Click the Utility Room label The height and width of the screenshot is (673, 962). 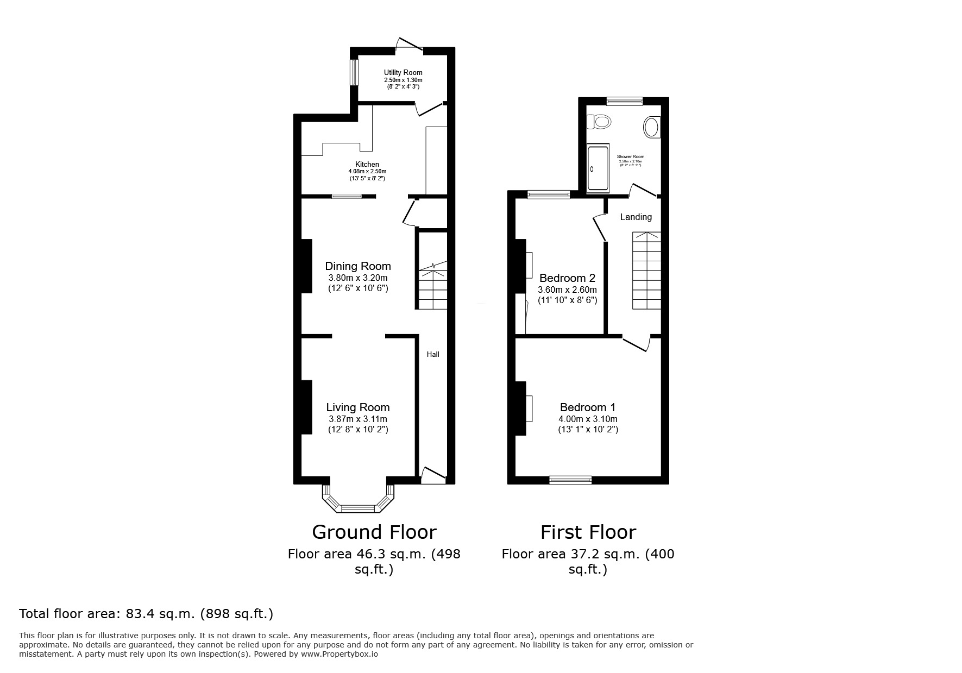[x=403, y=73]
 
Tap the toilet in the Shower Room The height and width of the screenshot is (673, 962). [x=599, y=121]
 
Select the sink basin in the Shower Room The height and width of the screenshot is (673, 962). [x=651, y=128]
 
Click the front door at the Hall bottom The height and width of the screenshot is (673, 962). [x=433, y=476]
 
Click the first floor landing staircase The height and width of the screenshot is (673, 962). [x=646, y=271]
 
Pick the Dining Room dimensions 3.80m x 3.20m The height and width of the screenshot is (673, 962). [x=357, y=278]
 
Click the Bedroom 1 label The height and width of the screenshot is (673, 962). [x=588, y=407]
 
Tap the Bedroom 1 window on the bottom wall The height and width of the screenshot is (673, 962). [x=570, y=480]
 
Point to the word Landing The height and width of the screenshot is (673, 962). [x=636, y=217]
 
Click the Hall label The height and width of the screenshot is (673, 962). [x=433, y=354]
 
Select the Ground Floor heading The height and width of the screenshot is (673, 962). [x=374, y=532]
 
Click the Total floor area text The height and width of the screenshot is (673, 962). [x=146, y=614]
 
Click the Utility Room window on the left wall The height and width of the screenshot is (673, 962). [x=354, y=72]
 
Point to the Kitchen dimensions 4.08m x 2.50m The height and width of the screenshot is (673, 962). [x=367, y=172]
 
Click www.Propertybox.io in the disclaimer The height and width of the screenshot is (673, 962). [x=339, y=655]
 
